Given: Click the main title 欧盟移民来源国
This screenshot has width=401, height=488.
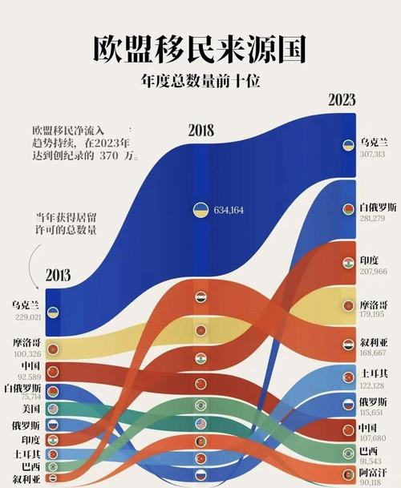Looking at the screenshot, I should click(200, 49).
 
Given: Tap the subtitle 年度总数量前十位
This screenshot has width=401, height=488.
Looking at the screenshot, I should click(200, 81).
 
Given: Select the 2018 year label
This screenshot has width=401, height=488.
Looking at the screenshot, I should click(206, 131).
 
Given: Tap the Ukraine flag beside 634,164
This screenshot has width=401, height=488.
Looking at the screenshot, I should click(198, 210).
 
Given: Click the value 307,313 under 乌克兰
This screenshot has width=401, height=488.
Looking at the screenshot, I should click(373, 154).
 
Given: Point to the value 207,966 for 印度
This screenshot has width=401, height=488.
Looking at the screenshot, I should click(373, 272).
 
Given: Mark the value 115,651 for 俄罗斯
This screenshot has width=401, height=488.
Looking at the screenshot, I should click(373, 412).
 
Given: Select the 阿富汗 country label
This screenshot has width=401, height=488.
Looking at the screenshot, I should click(374, 474).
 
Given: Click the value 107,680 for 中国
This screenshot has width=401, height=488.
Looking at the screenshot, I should click(373, 438).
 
